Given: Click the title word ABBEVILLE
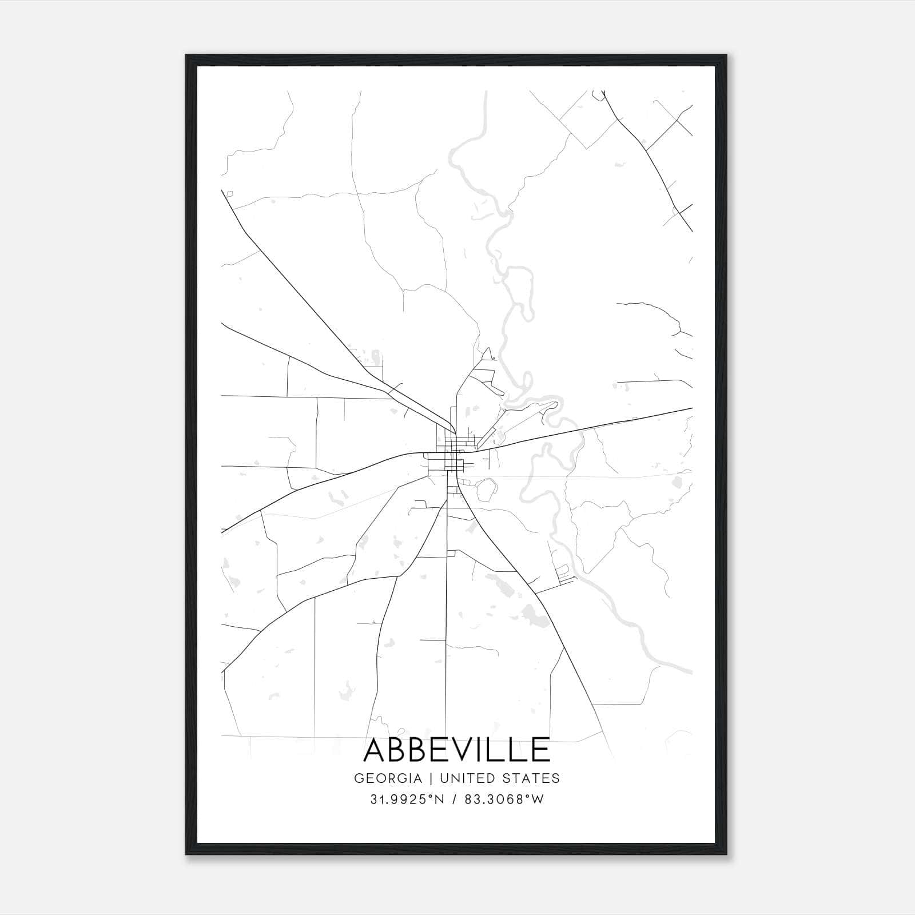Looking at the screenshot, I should (457, 750).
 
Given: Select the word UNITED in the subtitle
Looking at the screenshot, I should (467, 778).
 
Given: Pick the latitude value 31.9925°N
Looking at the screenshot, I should (407, 799).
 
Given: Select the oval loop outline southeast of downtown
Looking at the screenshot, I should (485, 488).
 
